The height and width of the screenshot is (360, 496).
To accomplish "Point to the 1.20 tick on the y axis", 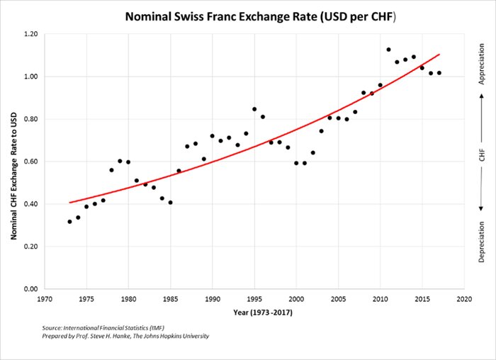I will tap(29, 34).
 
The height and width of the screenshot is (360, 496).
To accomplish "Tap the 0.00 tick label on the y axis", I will tap(29, 289).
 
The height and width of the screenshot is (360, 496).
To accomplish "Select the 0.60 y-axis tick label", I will tap(29, 162).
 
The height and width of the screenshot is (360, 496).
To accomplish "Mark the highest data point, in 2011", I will tap(388, 50).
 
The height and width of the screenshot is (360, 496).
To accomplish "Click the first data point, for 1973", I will tap(69, 222).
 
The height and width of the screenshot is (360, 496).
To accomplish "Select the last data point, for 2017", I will tap(439, 73).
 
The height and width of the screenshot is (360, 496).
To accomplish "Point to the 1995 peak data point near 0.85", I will tap(254, 109).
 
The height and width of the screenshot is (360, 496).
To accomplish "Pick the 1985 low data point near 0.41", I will tap(170, 203).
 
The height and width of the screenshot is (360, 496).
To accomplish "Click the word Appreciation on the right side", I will tap(482, 64).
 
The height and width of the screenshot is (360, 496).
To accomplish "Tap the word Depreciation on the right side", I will tap(482, 241).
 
